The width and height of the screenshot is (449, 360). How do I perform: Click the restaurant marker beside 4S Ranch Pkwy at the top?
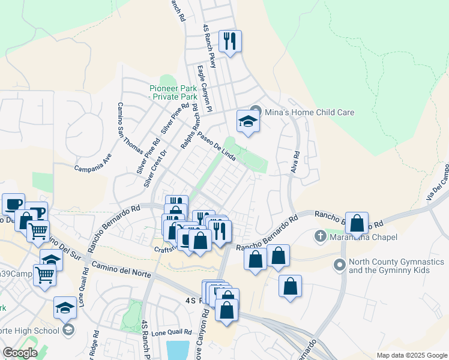point(230,42)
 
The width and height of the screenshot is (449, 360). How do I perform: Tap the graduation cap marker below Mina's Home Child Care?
point(247,122)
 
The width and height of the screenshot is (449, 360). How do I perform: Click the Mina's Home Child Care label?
point(310,112)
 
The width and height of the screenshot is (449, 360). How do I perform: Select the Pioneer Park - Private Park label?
point(173,92)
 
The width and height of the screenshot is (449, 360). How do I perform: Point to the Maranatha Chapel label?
point(363,238)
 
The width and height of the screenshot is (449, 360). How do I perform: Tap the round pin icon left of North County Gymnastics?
point(339,264)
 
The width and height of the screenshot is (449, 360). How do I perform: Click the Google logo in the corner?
point(20,353)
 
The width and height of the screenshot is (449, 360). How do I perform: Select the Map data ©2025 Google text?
point(412,355)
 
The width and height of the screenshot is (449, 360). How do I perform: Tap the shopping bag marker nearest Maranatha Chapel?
point(357,224)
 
